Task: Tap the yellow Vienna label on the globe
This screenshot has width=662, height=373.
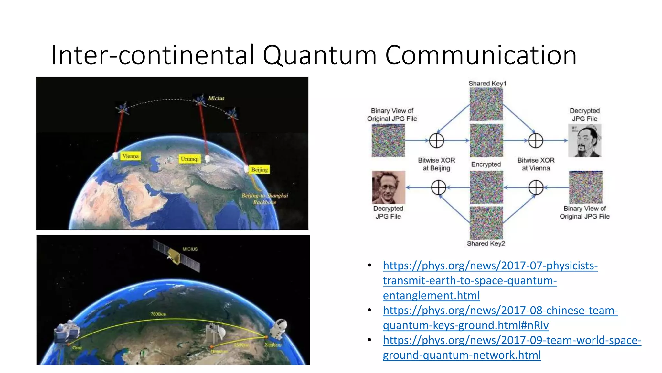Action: [130, 156]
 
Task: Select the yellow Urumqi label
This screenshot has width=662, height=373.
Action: [190, 159]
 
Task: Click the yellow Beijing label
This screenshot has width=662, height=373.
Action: [260, 170]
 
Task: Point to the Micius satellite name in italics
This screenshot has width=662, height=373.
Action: [216, 98]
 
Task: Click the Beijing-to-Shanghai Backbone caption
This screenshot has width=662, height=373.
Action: [264, 198]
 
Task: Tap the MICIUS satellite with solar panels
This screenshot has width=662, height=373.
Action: [176, 256]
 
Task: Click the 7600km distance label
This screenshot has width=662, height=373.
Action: [158, 314]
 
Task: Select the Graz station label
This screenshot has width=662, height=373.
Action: [77, 348]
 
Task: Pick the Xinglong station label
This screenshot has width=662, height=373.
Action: [273, 345]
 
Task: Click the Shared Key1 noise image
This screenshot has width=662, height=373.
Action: [486, 104]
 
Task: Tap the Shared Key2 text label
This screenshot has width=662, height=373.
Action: [486, 243]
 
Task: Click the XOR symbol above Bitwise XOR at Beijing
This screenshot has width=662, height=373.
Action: [436, 141]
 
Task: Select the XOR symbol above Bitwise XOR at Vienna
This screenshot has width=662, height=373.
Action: [535, 141]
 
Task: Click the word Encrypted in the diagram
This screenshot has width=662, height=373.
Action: [486, 164]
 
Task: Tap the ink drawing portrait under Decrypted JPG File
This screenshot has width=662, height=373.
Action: [585, 141]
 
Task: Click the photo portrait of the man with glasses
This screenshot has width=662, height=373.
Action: [389, 187]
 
